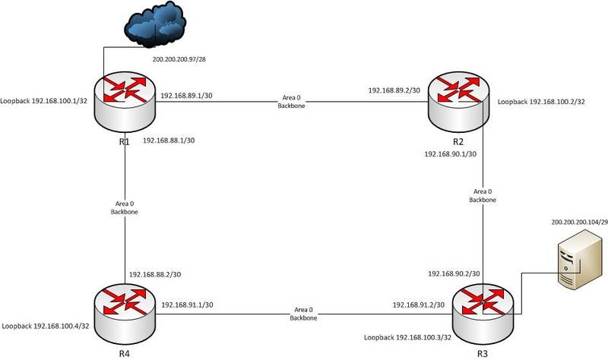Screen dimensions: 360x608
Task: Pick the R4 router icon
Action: (125, 308)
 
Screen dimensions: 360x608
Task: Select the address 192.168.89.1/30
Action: (187, 96)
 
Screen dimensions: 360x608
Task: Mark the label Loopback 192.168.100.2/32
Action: (541, 100)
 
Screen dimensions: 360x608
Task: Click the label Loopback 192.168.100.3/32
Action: (409, 336)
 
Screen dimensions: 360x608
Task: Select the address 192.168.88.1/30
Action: (170, 140)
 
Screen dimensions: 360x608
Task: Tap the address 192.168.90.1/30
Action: (449, 153)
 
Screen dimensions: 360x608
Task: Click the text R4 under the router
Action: (125, 352)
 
